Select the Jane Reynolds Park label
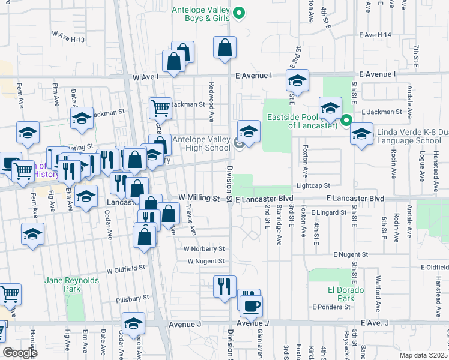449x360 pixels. [x=71, y=284]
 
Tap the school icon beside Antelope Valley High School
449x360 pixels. [x=249, y=131]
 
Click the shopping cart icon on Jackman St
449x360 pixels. [x=160, y=109]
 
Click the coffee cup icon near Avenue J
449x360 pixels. [x=251, y=306]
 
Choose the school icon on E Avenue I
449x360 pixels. [x=297, y=80]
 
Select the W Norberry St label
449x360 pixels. [x=204, y=248]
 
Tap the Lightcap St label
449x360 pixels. [x=310, y=187]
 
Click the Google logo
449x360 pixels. [x=19, y=353]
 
